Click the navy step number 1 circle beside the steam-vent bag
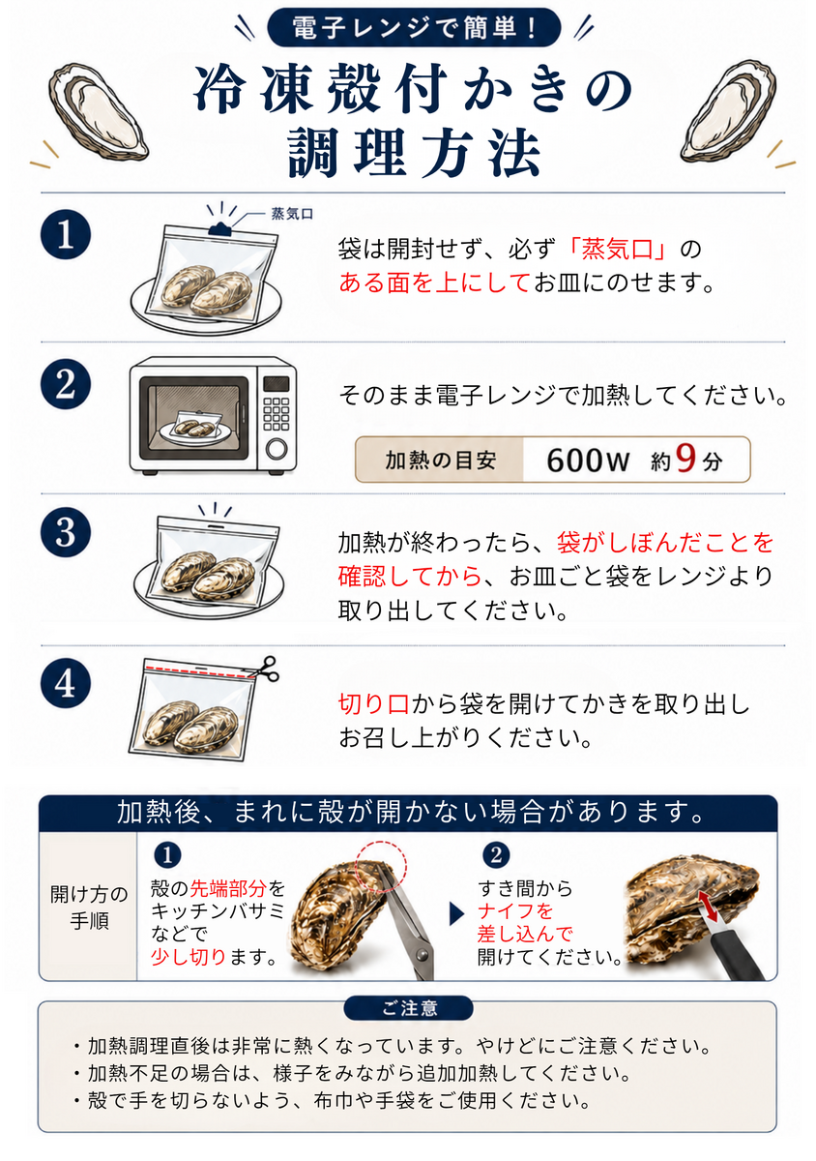click(x=66, y=234)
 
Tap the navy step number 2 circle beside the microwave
click(x=66, y=384)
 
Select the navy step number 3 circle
click(x=66, y=532)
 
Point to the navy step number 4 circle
click(x=66, y=683)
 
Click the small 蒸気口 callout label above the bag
click(x=292, y=214)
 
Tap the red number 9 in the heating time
click(x=685, y=459)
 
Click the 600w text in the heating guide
click(x=588, y=460)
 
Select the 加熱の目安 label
click(x=440, y=460)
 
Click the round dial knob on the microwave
click(x=277, y=448)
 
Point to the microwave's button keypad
click(x=277, y=414)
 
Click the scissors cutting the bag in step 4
click(x=264, y=670)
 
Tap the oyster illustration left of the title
click(x=98, y=111)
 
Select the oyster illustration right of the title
click(x=727, y=111)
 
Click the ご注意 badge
click(x=408, y=1008)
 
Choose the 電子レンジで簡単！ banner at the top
click(x=414, y=27)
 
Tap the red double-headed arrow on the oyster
click(x=708, y=906)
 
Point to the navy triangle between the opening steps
click(x=456, y=913)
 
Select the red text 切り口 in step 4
click(x=374, y=704)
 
